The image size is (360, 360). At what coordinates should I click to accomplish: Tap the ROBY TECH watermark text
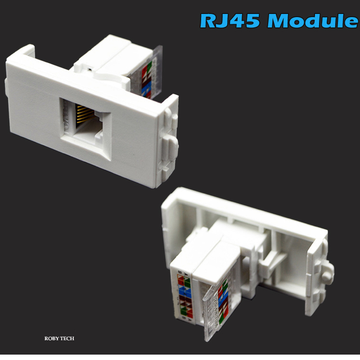pos(59,338)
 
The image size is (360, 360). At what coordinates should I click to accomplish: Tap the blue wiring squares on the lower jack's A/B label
pos(182,293)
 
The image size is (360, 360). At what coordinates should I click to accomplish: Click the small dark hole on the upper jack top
pos(90,70)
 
